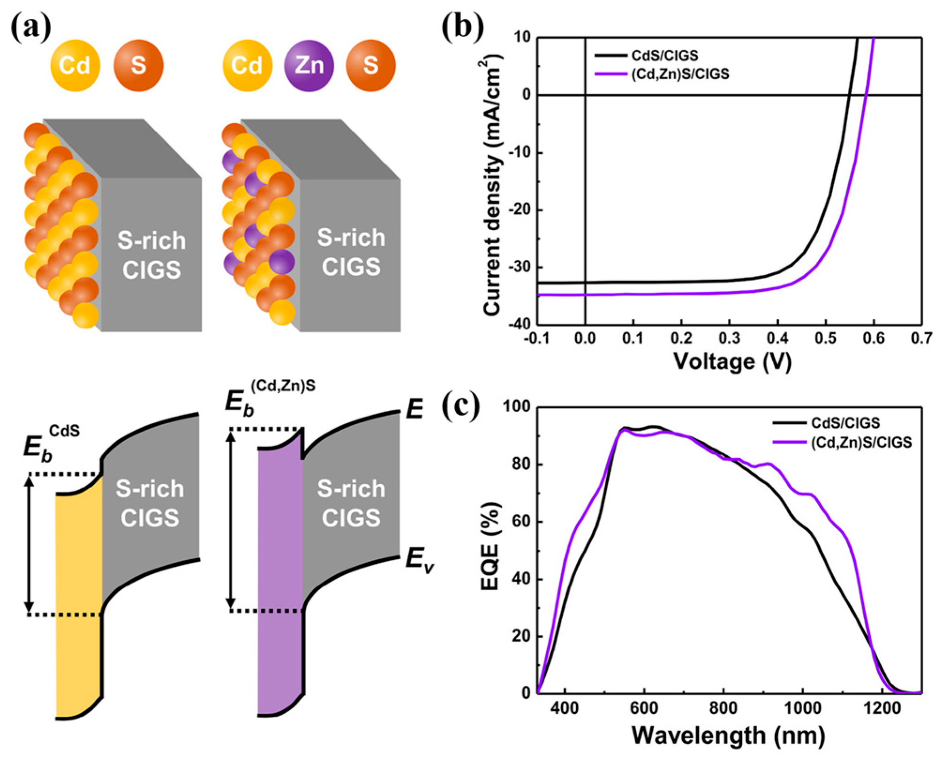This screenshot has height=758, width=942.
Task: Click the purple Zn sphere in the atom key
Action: tap(309, 65)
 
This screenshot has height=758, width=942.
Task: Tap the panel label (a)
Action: tap(31, 28)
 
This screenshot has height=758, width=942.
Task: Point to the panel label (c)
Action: tap(461, 406)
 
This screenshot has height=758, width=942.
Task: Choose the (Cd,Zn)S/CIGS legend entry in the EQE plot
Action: tap(861, 443)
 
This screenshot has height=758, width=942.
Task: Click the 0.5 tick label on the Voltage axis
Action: tap(826, 338)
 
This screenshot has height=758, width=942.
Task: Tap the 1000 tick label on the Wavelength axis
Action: tap(803, 708)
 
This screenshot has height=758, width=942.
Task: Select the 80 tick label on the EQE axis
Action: tap(520, 464)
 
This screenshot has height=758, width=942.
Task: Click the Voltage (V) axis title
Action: tap(732, 361)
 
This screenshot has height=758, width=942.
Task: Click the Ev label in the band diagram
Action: tap(419, 559)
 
